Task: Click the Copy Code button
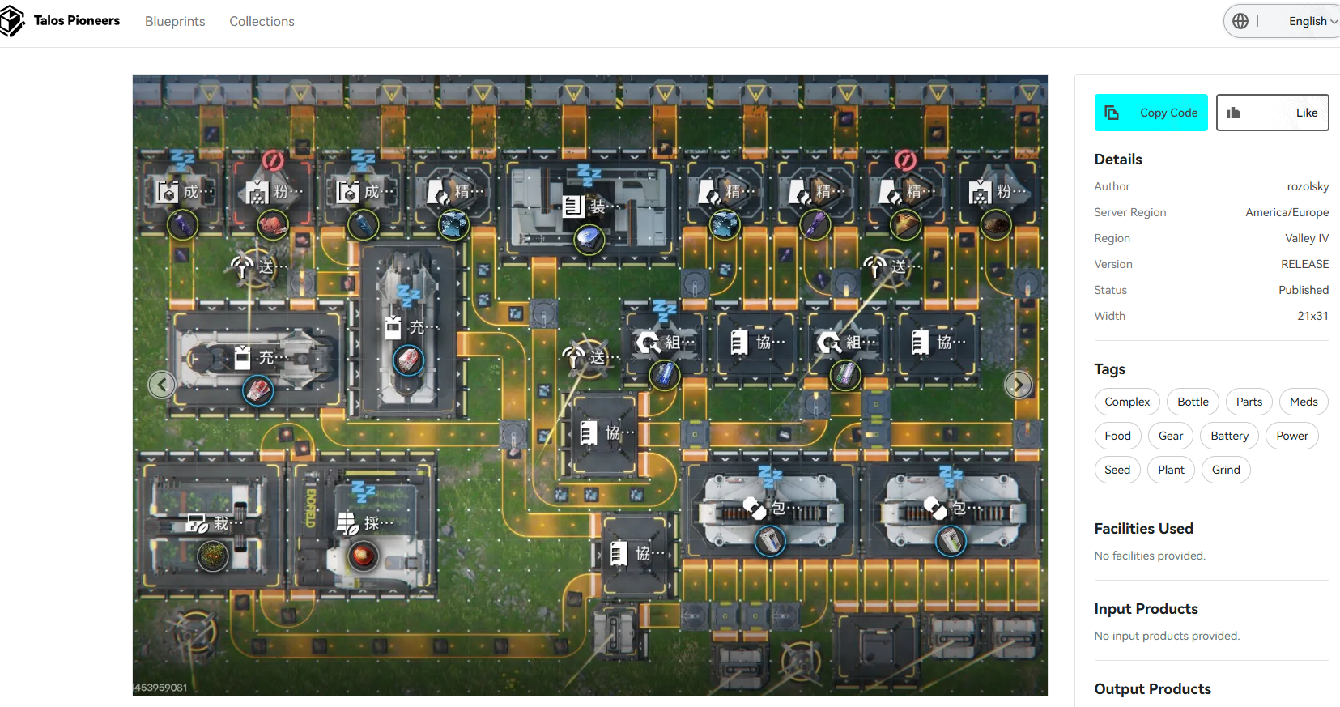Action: click(x=1151, y=113)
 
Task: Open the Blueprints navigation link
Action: click(x=175, y=21)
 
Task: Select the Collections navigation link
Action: click(x=262, y=21)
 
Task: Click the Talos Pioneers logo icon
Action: click(x=12, y=21)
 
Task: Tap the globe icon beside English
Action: click(x=1240, y=21)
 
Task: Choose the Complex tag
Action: click(x=1127, y=402)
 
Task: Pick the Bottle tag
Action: click(x=1193, y=402)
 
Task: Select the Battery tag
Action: click(x=1229, y=436)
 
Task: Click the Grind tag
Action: click(x=1226, y=470)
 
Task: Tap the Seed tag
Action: click(x=1117, y=470)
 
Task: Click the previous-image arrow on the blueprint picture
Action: click(x=162, y=385)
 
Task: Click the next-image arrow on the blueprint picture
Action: click(x=1018, y=385)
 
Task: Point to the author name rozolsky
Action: click(x=1308, y=186)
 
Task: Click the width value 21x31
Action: click(x=1312, y=316)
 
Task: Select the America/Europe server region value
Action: click(x=1287, y=212)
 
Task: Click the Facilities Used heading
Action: click(x=1143, y=529)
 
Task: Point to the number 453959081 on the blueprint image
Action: click(x=161, y=688)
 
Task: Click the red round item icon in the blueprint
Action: click(x=364, y=556)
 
